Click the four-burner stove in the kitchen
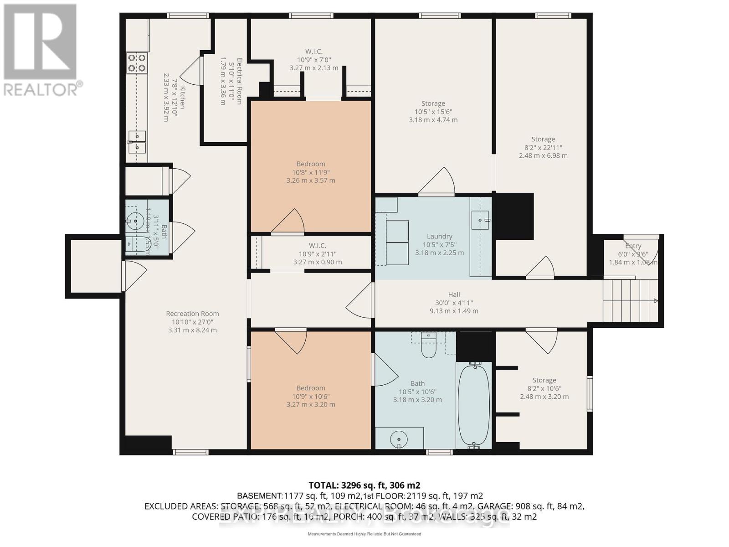[137, 63]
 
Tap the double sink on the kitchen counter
[137, 142]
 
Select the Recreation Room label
[192, 314]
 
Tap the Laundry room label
[439, 236]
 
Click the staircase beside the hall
[630, 300]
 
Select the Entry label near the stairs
[633, 246]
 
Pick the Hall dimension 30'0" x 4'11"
[454, 303]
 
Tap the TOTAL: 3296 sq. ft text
[364, 485]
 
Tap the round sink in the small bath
[135, 221]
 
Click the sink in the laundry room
[480, 219]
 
